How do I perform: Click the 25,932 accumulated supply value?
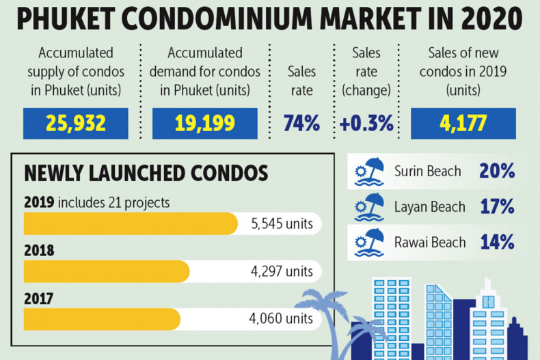pos(75,124)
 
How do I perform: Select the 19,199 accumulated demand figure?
pos(204,124)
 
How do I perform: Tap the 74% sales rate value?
pos(302,124)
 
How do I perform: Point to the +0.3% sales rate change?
pos(366,124)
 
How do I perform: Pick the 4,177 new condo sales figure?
pos(463,124)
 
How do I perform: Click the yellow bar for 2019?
pos(131,223)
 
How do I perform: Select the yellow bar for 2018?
pos(107,271)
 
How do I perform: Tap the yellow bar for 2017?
pos(102,318)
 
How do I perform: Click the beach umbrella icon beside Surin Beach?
pos(370,171)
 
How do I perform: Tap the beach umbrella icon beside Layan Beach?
pos(370,207)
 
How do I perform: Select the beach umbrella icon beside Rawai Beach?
pos(370,243)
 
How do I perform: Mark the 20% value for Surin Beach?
pos(497,171)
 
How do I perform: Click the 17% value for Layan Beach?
pos(497,207)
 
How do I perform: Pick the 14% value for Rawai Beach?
pos(497,243)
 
